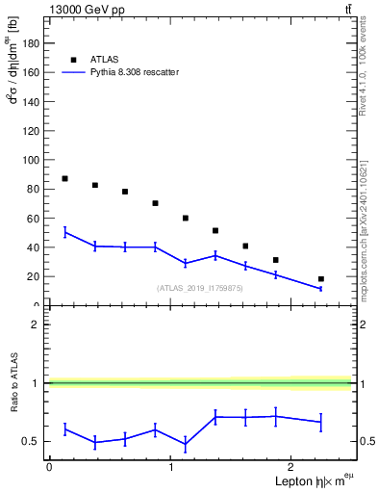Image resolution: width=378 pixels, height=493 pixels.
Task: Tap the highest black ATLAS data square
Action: [x=64, y=178]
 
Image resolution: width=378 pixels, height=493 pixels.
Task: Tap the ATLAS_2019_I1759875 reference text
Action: [x=200, y=288]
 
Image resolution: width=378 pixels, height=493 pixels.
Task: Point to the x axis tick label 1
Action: [x=171, y=468]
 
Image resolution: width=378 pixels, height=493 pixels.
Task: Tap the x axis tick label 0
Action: [x=49, y=468]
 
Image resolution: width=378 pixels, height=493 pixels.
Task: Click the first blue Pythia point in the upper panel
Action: [x=64, y=232]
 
